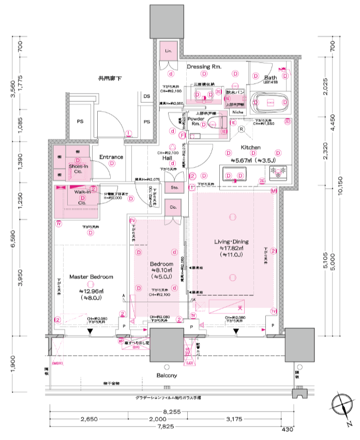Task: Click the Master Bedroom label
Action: [x=91, y=277]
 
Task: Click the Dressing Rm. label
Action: [x=205, y=67]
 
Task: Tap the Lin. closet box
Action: [x=168, y=51]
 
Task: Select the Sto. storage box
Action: [x=174, y=187]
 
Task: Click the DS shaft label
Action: [x=146, y=96]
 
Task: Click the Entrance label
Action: [x=111, y=157]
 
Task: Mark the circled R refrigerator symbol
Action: [x=241, y=130]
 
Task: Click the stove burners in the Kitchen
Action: [x=281, y=173]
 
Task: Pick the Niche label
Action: [x=237, y=112]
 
